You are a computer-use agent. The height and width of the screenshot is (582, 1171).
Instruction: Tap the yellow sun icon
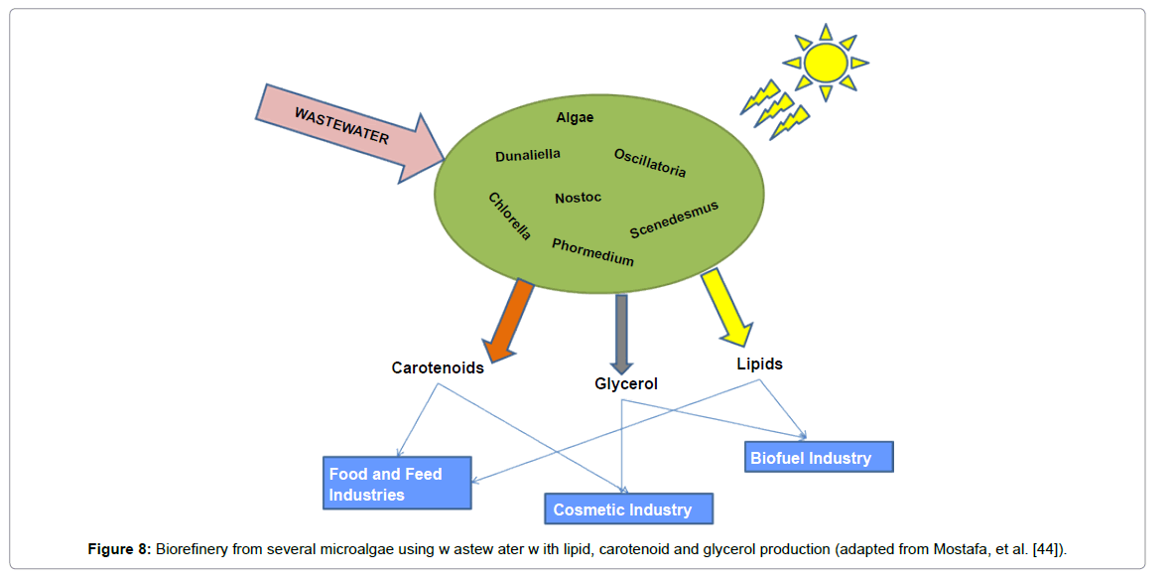(825, 63)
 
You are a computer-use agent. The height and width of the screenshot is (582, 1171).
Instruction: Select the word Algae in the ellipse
(575, 117)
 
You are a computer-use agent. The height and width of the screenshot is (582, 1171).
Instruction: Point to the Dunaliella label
(528, 155)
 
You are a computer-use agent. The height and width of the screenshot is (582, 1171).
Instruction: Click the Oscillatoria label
(650, 163)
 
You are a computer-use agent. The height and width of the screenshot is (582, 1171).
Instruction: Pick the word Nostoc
(578, 198)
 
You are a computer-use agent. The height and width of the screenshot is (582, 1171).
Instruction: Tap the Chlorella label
(510, 217)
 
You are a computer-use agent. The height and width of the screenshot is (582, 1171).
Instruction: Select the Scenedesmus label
(674, 219)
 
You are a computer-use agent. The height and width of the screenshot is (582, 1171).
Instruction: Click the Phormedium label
(592, 252)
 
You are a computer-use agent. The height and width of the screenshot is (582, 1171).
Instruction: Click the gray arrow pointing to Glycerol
(622, 333)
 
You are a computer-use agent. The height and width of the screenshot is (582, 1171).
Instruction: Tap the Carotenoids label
(438, 367)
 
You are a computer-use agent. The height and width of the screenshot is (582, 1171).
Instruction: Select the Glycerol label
(626, 383)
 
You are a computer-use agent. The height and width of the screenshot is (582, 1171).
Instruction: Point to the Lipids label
(759, 364)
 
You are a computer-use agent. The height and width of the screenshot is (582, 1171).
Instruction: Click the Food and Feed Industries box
(397, 484)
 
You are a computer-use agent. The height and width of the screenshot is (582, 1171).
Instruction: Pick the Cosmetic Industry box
(628, 509)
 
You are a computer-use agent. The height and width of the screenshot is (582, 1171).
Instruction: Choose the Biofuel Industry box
(819, 457)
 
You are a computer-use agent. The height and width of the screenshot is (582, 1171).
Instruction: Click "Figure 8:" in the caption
(118, 549)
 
